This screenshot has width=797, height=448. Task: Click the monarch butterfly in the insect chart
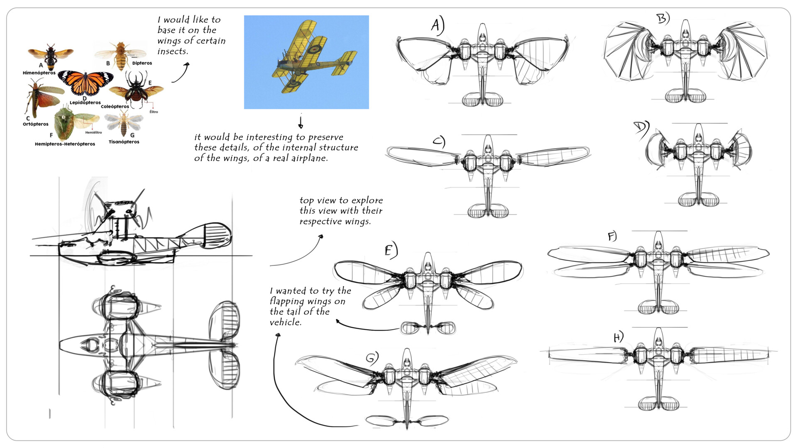[85, 82]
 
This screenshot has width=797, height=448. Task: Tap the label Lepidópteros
[85, 102]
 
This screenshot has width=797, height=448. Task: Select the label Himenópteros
[39, 73]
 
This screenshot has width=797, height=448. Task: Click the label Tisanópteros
[124, 142]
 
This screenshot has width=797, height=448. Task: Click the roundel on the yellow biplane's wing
[314, 49]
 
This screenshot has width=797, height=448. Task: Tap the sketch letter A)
[437, 25]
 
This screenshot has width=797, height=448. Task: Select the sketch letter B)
[663, 19]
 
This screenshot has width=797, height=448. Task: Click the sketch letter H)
[618, 337]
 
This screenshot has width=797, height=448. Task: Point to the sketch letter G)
[372, 358]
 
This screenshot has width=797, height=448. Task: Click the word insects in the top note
[172, 51]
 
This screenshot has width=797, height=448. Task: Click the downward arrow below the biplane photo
[301, 122]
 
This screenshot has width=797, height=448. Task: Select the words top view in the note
[318, 200]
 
